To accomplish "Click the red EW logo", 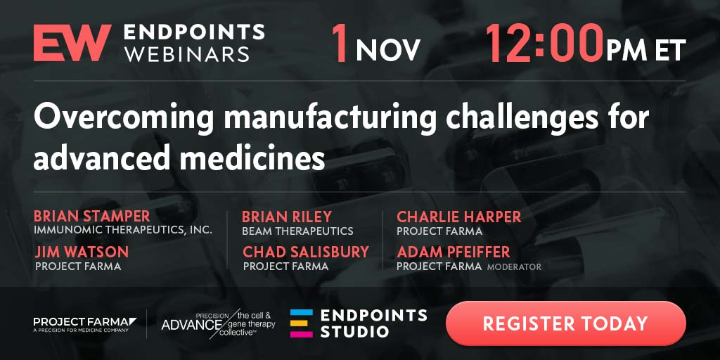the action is coord(72,43).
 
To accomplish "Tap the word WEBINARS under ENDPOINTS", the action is coord(187,54).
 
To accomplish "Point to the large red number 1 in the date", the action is coord(340,43).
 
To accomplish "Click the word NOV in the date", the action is coord(388,50).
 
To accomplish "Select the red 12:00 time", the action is coord(544,43).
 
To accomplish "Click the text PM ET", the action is coord(645,50).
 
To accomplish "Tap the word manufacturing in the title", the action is coord(330,118).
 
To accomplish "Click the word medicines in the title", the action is coord(252,158).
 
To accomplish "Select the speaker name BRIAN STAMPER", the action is coord(92,217).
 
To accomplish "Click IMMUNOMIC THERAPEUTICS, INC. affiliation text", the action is coord(123,230).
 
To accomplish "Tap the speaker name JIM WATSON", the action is coord(82,252).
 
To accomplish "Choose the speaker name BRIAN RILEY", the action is coord(287,217).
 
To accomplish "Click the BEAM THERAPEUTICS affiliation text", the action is coord(297,231).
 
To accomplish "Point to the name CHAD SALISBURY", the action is coord(306,252).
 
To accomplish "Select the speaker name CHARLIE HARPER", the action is coord(459,217).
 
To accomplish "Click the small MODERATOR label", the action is coord(514,266).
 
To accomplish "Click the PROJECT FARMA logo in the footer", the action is coord(85,324).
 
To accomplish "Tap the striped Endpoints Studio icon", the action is coord(301,323).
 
